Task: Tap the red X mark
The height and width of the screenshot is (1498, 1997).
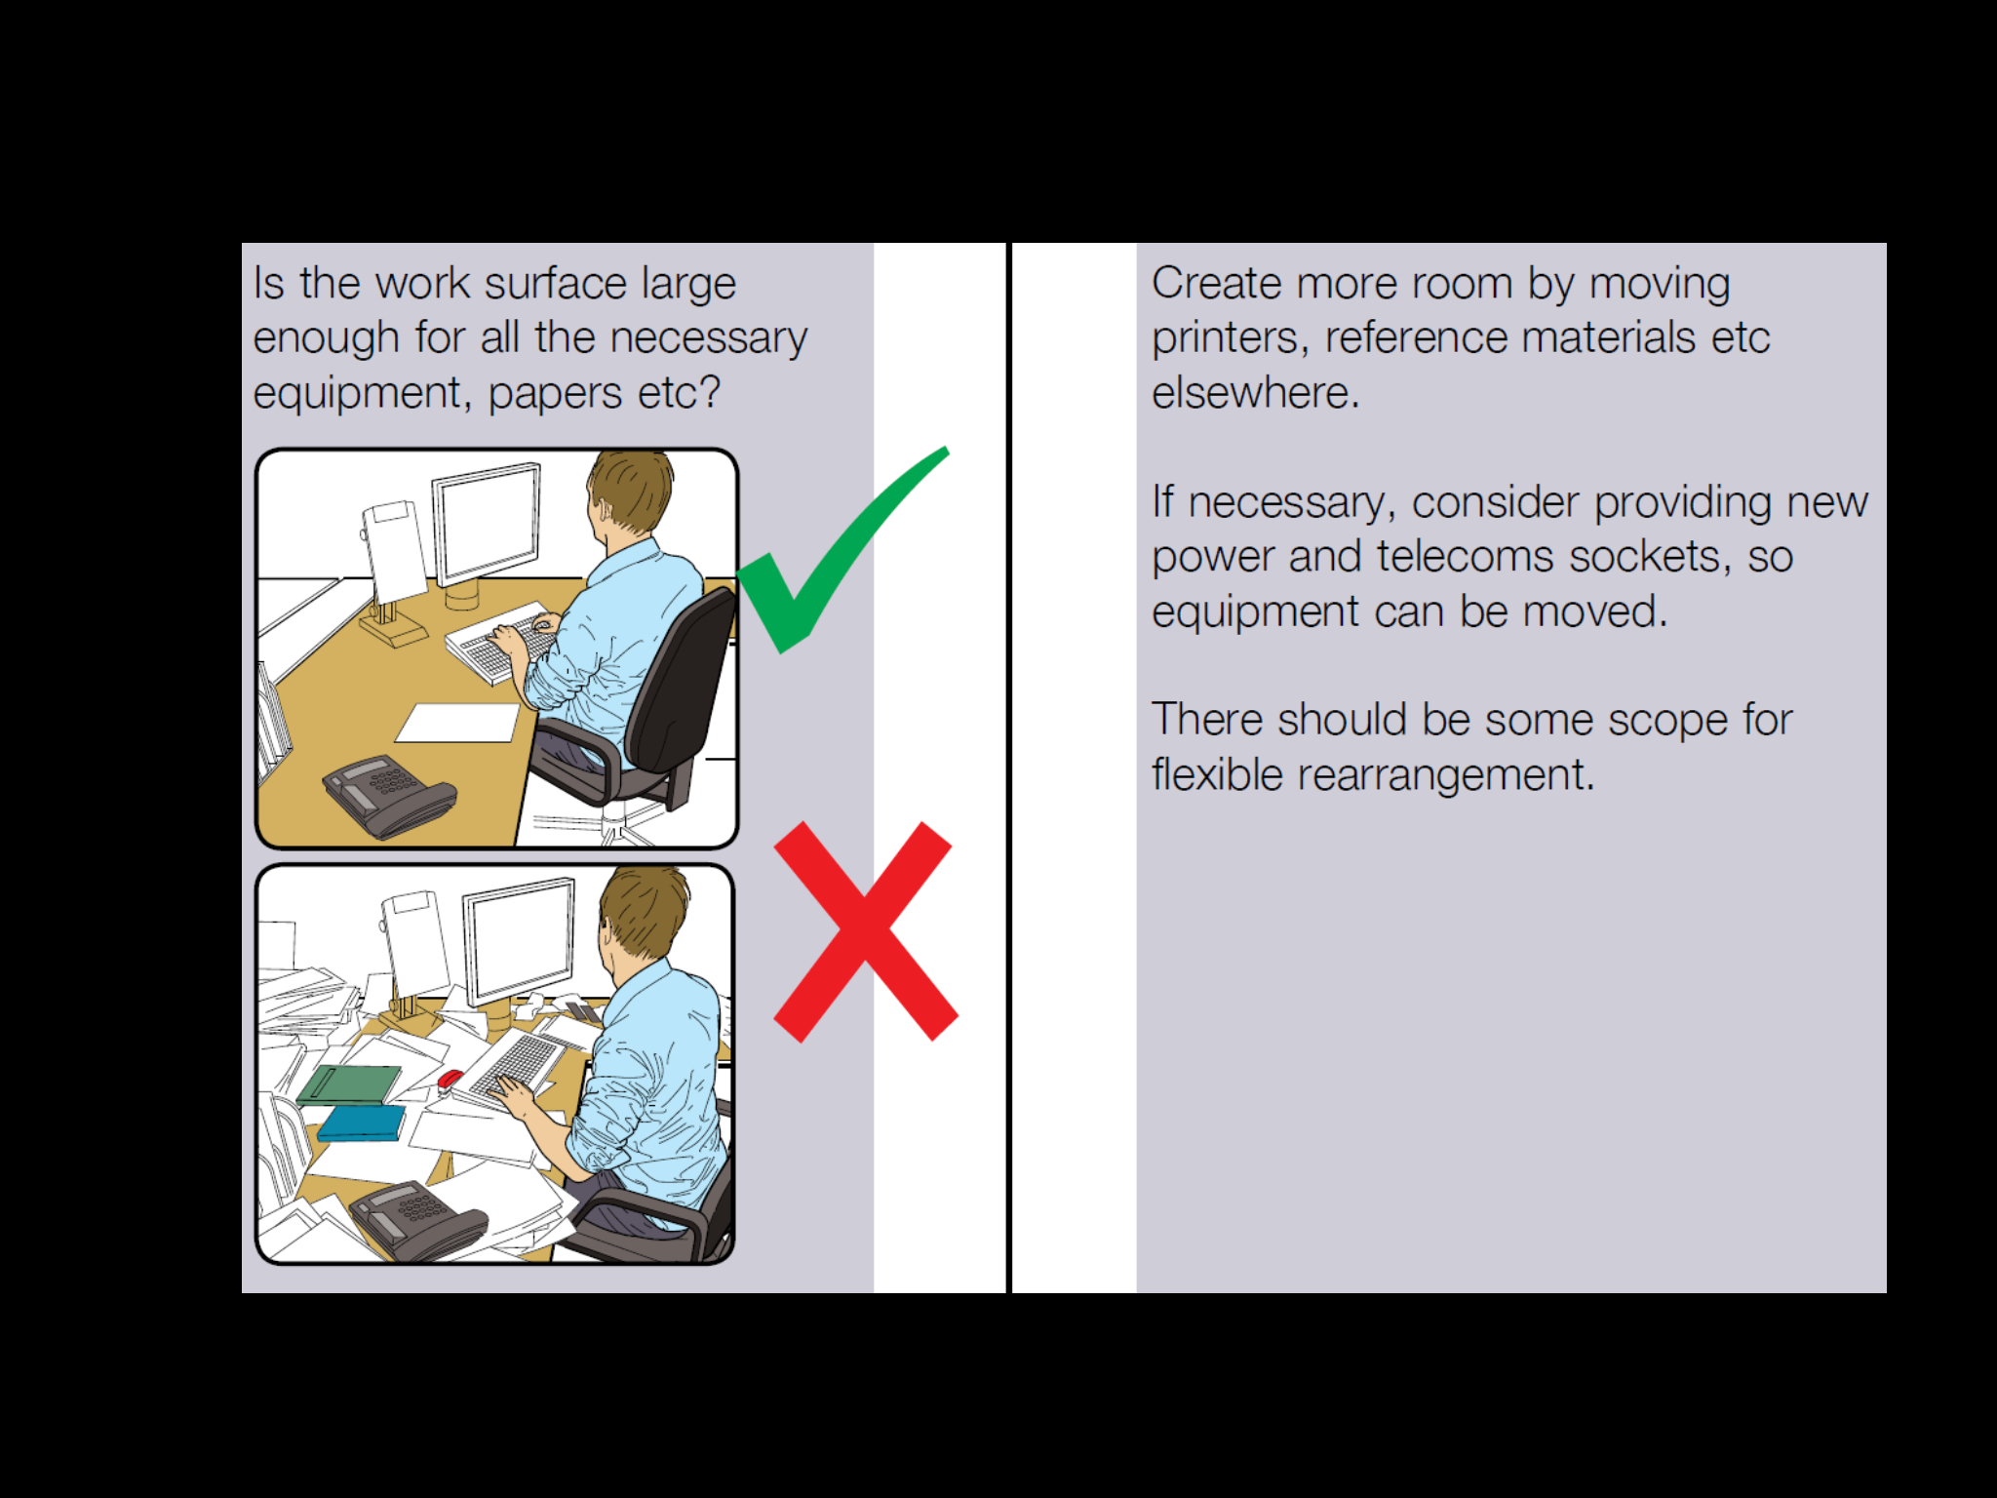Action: [864, 931]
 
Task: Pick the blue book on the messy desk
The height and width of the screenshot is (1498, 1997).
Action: [361, 1123]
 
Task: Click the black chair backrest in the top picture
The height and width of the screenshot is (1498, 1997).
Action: [683, 683]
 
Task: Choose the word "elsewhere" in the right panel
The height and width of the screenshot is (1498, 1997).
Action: [1254, 393]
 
